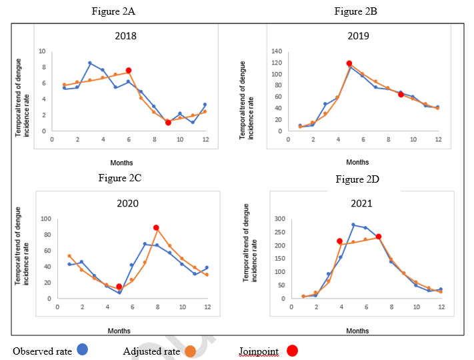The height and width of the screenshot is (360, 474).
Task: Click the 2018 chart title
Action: click(x=125, y=35)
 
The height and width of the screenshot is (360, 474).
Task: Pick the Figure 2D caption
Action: click(x=358, y=179)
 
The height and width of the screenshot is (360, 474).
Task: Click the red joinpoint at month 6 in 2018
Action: click(x=129, y=70)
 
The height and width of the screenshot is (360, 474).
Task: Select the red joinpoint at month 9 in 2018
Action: click(x=168, y=123)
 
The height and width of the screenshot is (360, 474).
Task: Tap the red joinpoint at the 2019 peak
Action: click(x=349, y=64)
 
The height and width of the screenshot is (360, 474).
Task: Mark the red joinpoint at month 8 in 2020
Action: click(x=156, y=228)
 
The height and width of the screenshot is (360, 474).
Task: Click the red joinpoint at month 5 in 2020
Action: click(x=119, y=287)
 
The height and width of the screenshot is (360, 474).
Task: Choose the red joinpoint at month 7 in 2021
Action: click(x=379, y=237)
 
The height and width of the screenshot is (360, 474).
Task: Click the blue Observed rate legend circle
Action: click(x=83, y=349)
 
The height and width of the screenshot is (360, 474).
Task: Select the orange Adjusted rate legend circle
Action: click(x=190, y=350)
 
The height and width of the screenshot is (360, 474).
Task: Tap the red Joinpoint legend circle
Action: click(x=292, y=350)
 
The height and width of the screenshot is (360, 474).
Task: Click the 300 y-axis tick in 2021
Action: click(x=280, y=219)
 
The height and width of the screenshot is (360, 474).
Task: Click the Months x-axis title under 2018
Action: click(x=121, y=163)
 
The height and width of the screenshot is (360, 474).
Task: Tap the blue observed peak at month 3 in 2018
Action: click(x=90, y=63)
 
